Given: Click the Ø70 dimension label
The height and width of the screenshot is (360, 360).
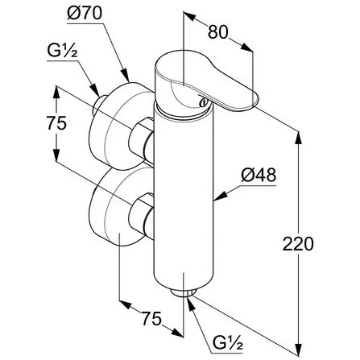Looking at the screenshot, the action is click(x=85, y=13).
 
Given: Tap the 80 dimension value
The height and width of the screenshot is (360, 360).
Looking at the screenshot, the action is click(x=217, y=32).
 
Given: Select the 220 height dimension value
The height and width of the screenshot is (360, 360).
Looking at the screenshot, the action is click(x=298, y=243).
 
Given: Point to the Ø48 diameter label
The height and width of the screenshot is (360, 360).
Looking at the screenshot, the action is click(x=259, y=175).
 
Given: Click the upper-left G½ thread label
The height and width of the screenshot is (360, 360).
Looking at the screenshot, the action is click(x=62, y=50).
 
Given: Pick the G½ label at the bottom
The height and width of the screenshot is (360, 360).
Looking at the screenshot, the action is click(x=228, y=341).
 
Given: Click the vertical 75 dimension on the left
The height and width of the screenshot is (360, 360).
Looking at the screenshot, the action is click(x=56, y=123).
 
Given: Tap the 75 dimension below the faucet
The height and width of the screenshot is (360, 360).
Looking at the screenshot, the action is click(x=151, y=318).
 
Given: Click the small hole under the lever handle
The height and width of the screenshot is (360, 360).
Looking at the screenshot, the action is click(x=204, y=102).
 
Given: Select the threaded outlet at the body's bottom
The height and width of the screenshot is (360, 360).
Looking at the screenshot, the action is click(x=184, y=292).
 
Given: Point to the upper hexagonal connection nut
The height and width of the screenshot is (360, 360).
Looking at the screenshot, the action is click(x=141, y=139).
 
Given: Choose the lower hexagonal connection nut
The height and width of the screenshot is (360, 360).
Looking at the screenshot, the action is click(x=141, y=215).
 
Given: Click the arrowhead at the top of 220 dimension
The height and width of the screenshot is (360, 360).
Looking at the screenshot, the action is click(x=298, y=138).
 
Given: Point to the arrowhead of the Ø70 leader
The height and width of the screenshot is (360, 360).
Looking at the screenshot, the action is click(x=125, y=76).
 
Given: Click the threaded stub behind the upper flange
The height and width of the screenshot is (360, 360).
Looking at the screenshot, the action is click(x=99, y=106).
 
